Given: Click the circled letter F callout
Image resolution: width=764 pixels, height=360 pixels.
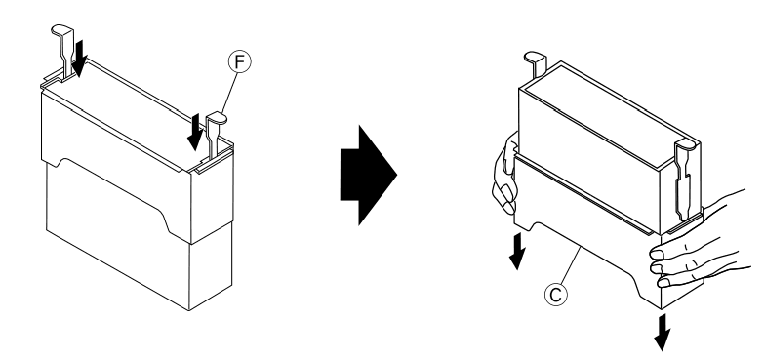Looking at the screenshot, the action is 239,62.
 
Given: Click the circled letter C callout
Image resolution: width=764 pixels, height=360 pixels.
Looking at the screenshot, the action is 555,295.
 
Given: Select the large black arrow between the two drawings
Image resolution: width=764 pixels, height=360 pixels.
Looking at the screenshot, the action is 369,176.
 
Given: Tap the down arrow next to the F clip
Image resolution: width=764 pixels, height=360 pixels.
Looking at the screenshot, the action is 195,132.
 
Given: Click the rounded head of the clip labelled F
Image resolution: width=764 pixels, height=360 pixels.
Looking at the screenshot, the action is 217,117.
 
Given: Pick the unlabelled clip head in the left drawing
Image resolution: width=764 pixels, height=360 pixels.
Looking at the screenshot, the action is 61,30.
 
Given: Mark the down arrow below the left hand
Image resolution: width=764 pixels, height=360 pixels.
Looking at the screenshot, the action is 517,251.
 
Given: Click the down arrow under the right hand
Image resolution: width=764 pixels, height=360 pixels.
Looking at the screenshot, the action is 662,333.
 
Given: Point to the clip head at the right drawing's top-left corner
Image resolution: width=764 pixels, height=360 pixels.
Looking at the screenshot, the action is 536,59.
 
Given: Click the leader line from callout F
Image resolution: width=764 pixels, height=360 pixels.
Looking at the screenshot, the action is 229,93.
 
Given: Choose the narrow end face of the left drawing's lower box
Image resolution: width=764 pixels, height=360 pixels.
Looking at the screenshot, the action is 211,267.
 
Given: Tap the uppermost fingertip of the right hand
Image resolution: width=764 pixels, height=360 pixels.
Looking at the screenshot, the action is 657,254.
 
